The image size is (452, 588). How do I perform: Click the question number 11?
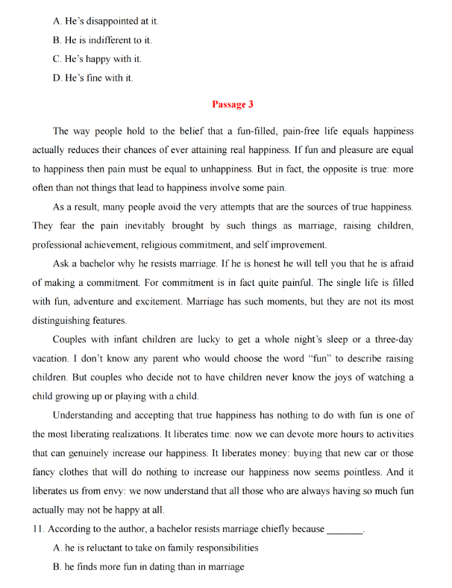click(38, 529)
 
